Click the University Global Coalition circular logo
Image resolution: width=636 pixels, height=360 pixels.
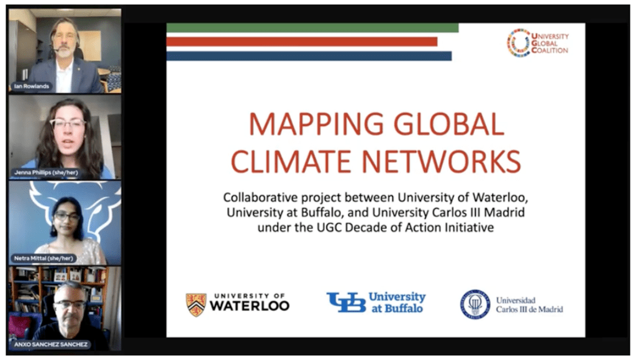coord(518,43)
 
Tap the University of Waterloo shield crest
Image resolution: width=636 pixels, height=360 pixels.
coord(196,304)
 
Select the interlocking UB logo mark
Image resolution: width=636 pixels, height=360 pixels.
coord(346,302)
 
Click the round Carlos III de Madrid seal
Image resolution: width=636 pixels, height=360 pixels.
coord(475,304)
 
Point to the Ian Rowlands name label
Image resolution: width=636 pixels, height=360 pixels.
coord(31,86)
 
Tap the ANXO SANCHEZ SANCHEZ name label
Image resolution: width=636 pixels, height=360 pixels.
coord(51,344)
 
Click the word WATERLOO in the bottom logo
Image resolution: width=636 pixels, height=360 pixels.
coord(249,306)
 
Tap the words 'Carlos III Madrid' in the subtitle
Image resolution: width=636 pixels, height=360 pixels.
coord(484,213)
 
